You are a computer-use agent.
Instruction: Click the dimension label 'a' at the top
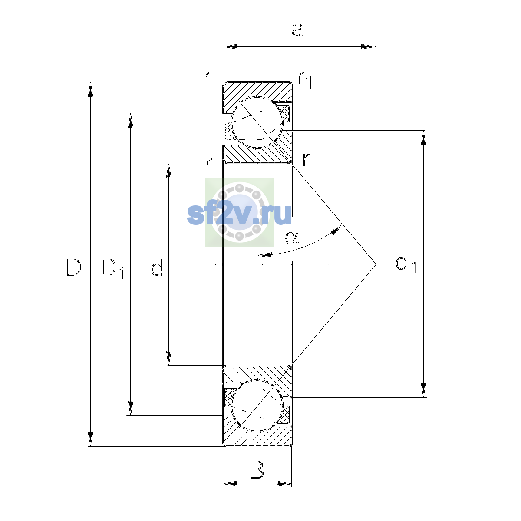pos(297,30)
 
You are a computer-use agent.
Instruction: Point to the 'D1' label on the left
pos(113,269)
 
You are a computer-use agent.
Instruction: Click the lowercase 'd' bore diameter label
pos(157,267)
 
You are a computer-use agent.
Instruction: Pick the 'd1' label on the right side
pos(406,264)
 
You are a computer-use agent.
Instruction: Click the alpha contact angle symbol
pos(292,237)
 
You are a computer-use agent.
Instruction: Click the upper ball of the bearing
pos(257,122)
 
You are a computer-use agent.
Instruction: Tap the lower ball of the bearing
pos(257,406)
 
